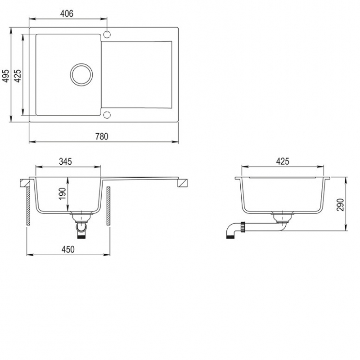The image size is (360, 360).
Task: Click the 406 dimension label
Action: (x=67, y=13)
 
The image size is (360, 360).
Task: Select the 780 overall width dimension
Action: (x=102, y=136)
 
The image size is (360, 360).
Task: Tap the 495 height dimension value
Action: (x=6, y=76)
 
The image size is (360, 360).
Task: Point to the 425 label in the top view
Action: (x=17, y=76)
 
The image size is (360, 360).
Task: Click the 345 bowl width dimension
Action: (x=65, y=162)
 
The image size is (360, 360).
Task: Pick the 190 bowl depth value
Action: (x=62, y=194)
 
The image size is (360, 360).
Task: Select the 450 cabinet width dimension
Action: (x=68, y=249)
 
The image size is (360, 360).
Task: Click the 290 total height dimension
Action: (x=340, y=205)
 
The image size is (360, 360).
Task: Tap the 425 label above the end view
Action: (x=283, y=162)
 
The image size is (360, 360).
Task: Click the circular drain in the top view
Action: (x=81, y=75)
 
